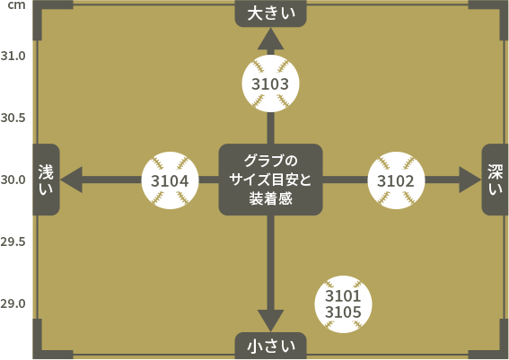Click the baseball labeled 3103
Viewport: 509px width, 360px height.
(270, 83)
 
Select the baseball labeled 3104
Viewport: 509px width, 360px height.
(170, 180)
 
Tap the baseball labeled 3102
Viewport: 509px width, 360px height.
(396, 180)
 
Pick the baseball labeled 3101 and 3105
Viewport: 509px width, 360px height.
(343, 304)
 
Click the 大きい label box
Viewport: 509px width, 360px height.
(271, 13)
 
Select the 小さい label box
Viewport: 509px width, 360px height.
(271, 346)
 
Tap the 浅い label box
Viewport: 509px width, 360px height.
(46, 180)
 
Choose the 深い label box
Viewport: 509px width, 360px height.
(495, 180)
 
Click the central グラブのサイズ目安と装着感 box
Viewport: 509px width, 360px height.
(271, 180)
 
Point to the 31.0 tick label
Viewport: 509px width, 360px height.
(13, 56)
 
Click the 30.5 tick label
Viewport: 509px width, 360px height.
(13, 118)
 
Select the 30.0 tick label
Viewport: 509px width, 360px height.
(13, 180)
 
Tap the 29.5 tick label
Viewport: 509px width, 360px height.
(13, 241)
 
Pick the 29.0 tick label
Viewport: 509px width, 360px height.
(13, 303)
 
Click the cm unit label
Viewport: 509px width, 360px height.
(16, 5)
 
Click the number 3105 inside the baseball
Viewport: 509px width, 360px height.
(343, 312)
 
